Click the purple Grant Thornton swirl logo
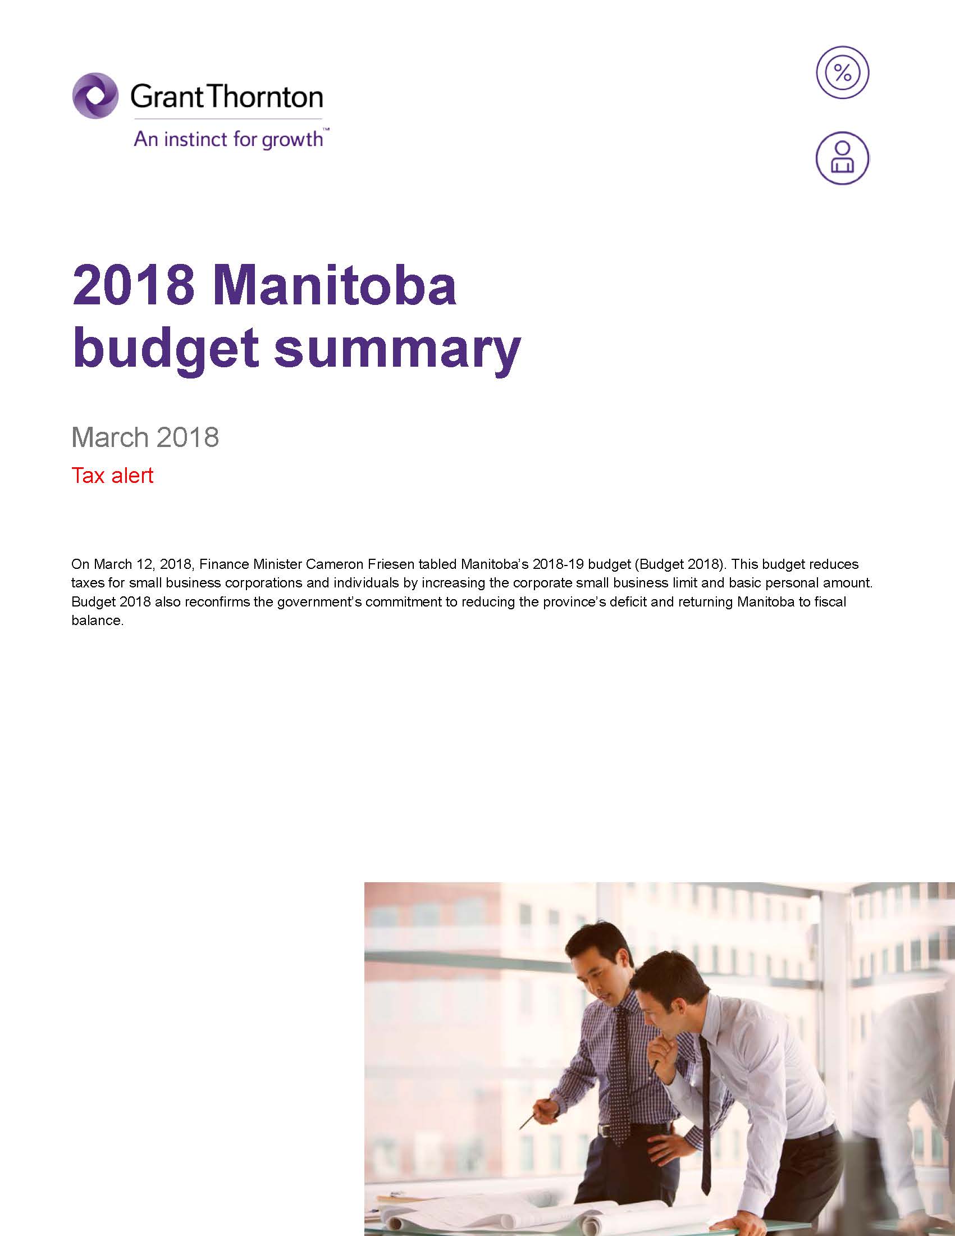tap(95, 95)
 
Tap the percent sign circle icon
tap(842, 73)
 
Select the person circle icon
tap(842, 158)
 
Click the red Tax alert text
tap(112, 476)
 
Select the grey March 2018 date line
tap(145, 437)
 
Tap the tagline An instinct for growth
tap(229, 139)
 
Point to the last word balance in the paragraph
tap(96, 621)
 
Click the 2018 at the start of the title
tap(134, 286)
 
